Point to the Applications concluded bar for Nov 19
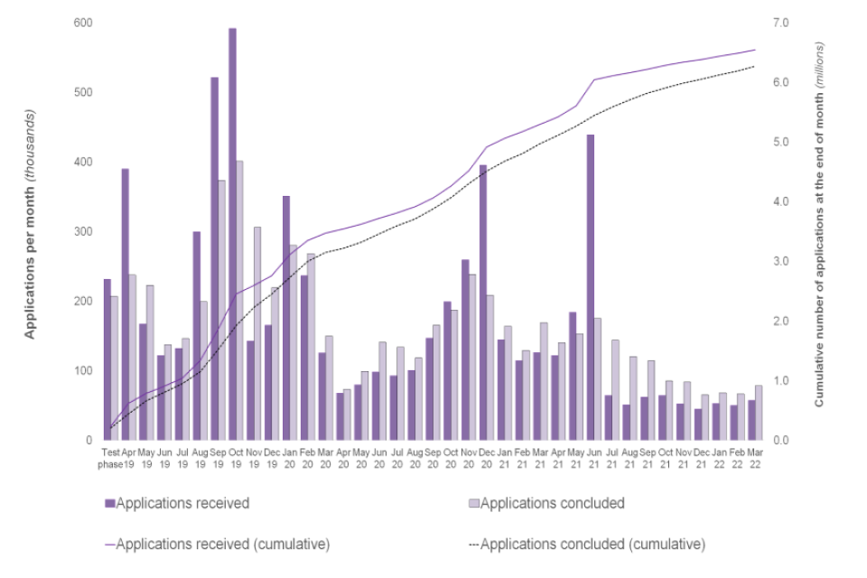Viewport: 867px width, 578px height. point(257,333)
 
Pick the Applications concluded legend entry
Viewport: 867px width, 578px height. point(552,503)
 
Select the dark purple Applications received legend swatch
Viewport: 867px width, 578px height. point(110,503)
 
